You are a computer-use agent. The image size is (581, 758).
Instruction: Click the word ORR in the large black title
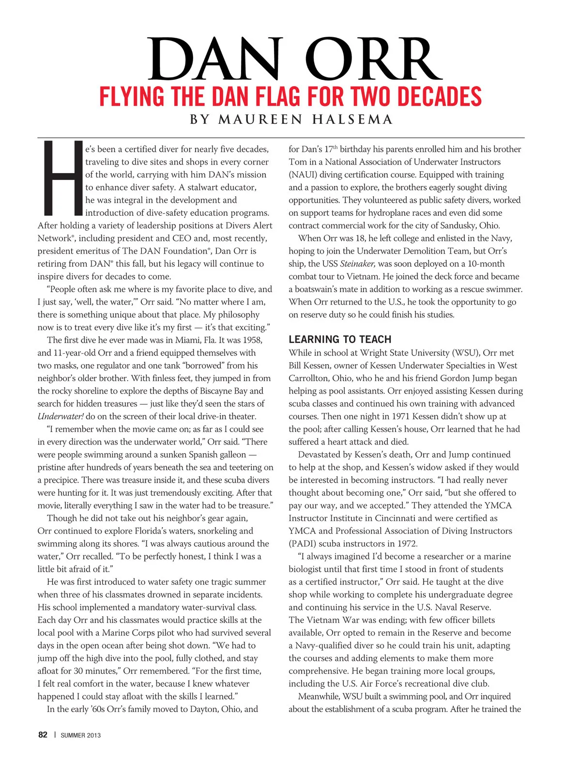tap(374, 60)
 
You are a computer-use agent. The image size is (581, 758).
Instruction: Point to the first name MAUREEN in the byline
tap(260, 119)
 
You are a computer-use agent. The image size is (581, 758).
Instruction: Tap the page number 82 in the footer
tap(43, 735)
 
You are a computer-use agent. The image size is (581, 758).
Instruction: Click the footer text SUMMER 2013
tap(80, 735)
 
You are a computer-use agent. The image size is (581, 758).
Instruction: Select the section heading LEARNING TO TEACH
tap(340, 340)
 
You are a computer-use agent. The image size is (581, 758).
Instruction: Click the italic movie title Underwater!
tap(61, 416)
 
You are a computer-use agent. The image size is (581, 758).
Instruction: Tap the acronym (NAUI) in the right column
tap(303, 175)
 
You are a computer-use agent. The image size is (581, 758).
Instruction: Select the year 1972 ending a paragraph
tap(406, 544)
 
